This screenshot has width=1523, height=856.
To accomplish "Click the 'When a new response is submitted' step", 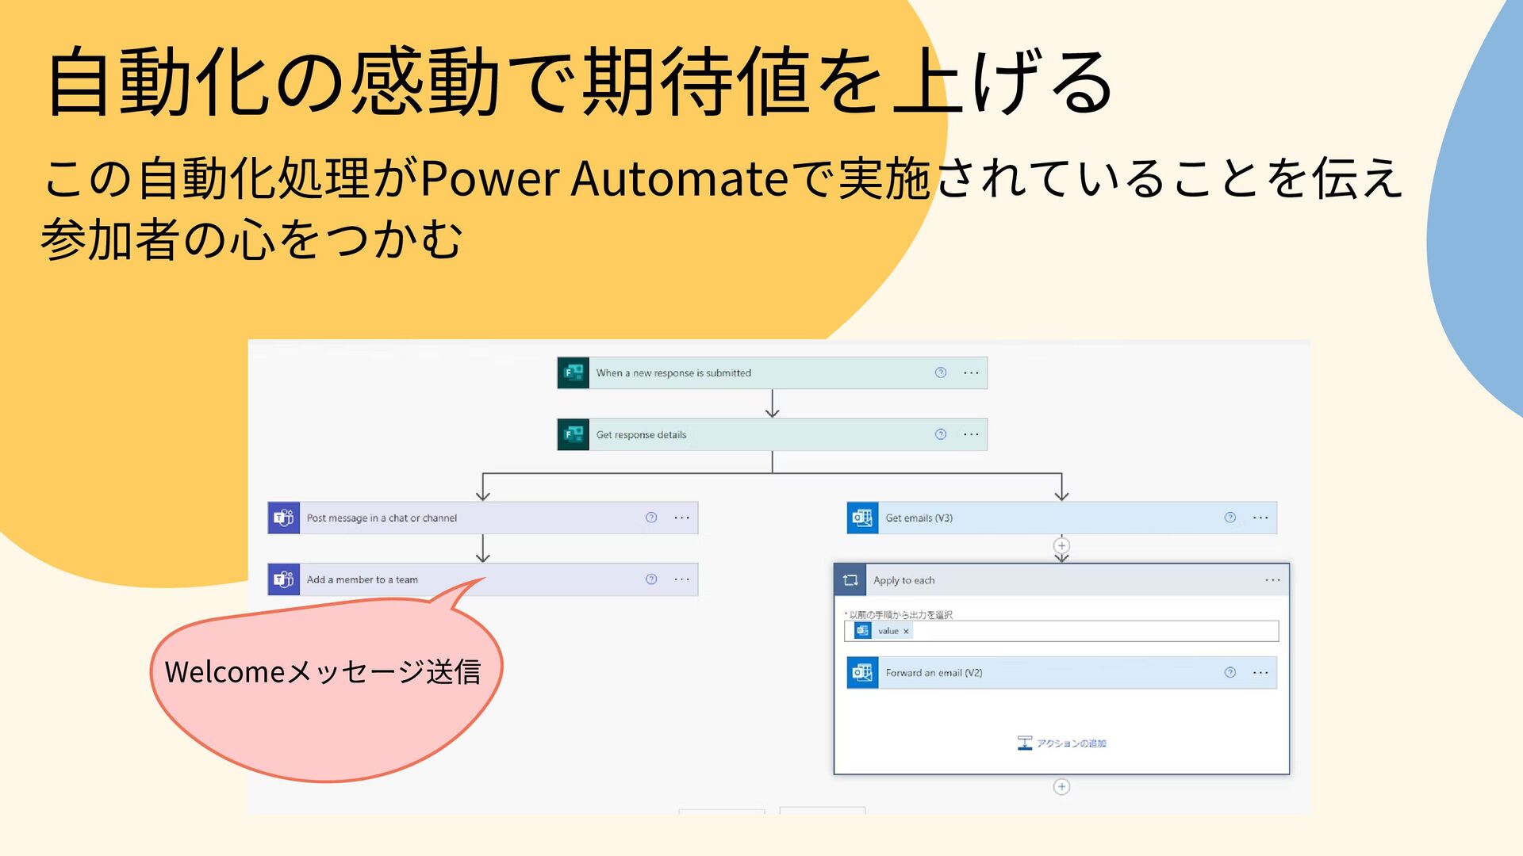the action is (673, 373).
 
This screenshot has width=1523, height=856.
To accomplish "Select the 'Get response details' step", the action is (641, 434).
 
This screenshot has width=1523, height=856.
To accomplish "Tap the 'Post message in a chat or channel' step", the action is (382, 518).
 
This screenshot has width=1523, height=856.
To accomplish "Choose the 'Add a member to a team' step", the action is (363, 579).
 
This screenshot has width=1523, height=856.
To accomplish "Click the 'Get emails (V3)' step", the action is (919, 518).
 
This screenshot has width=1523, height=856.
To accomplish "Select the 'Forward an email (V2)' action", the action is (934, 673).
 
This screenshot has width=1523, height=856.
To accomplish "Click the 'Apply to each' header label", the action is (903, 580).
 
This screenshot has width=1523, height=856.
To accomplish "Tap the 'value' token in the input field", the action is (888, 631).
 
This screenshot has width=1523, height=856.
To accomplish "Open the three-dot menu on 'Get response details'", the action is (971, 434).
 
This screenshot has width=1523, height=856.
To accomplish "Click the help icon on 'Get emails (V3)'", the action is (1230, 518).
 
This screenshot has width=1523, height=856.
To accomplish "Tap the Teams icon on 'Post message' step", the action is (284, 518).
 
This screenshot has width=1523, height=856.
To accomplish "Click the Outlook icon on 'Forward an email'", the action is (862, 673).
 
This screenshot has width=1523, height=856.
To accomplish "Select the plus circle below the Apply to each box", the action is (1061, 786).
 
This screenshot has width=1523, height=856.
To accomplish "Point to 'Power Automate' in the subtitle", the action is (603, 178).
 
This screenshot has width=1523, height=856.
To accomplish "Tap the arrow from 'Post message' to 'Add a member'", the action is (482, 548).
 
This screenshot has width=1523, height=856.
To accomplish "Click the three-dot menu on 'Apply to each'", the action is (1272, 580).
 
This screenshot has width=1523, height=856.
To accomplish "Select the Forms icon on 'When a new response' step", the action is (573, 373).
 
